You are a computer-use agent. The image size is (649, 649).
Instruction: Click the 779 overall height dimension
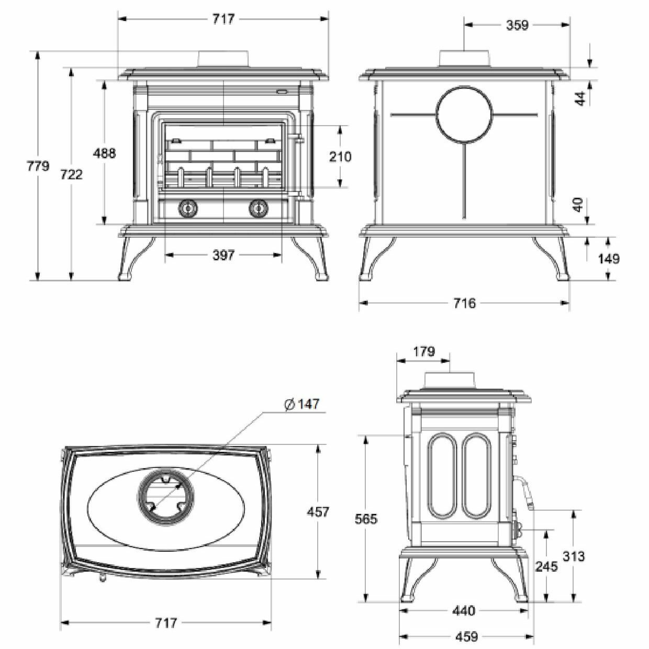pos(38,166)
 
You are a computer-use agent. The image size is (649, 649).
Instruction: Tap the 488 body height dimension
pos(104,153)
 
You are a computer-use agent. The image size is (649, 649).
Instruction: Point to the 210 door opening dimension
pos(340,156)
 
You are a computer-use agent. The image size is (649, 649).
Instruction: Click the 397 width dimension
pos(223,255)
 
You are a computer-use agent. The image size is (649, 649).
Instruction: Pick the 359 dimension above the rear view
pos(517,25)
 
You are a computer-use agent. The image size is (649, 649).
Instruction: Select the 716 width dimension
pos(464,303)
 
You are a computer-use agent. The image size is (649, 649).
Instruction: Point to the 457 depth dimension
pos(318,511)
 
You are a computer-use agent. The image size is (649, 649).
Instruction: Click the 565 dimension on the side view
pos(366,519)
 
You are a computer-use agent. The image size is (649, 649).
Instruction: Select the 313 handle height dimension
pos(574,556)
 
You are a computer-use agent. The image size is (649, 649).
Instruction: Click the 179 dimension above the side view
pos(423,351)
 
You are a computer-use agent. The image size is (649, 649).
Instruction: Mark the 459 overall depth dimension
pos(466,637)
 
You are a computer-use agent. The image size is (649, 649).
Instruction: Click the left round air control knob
pos(187,208)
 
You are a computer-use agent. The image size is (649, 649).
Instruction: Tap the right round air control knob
pos(257,208)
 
